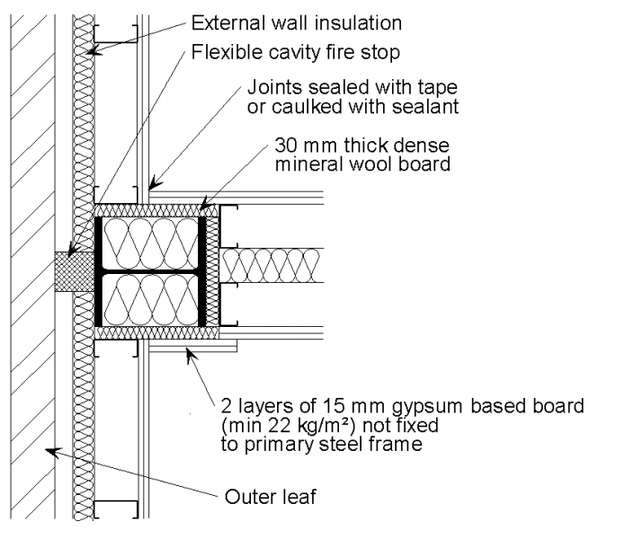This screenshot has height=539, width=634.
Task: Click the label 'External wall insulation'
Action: pyautogui.click(x=297, y=23)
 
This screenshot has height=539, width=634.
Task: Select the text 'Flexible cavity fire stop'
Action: pyautogui.click(x=296, y=52)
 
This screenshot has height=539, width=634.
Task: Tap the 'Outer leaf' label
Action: pyautogui.click(x=270, y=497)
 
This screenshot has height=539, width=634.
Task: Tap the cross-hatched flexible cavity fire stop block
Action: pyautogui.click(x=75, y=271)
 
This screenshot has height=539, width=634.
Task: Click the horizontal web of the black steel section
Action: pyautogui.click(x=150, y=271)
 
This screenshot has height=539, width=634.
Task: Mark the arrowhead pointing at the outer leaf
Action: pyautogui.click(x=52, y=451)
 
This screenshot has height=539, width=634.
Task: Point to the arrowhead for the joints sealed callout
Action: pyautogui.click(x=153, y=183)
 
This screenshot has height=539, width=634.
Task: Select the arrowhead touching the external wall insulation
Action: pyautogui.click(x=94, y=51)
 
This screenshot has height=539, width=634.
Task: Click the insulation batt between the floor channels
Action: pyautogui.click(x=272, y=265)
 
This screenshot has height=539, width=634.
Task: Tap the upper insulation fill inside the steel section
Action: pyautogui.click(x=151, y=243)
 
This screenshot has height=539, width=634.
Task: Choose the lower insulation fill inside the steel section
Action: pyautogui.click(x=151, y=300)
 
